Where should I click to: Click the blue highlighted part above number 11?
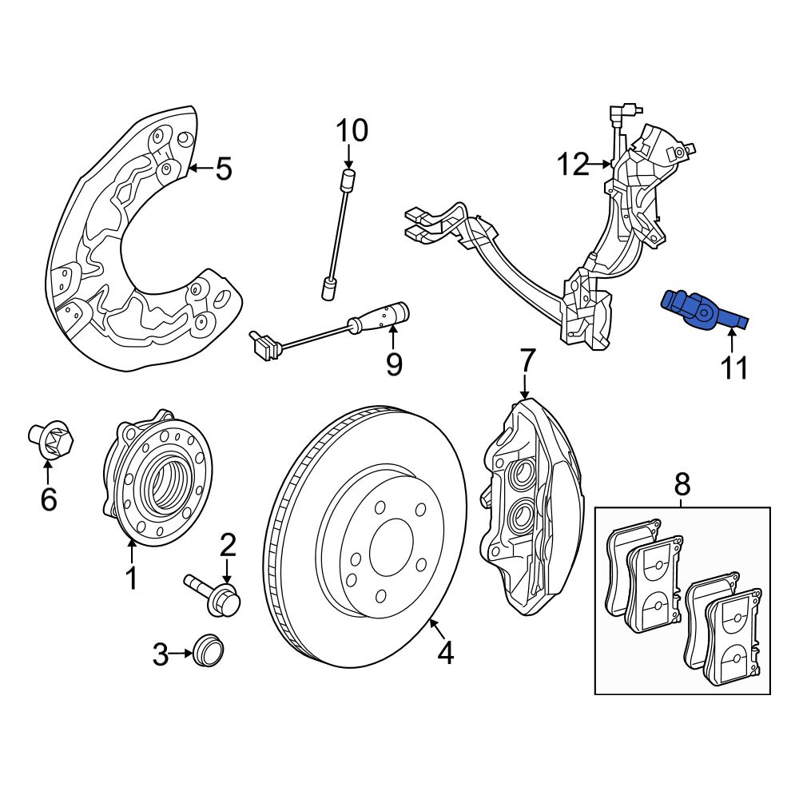point(702,310)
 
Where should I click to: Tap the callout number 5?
point(223,169)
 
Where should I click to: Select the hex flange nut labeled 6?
point(50,438)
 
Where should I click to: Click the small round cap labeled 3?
point(209,650)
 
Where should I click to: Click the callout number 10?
point(352,130)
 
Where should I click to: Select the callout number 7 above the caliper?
point(527,361)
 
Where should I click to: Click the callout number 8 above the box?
point(682,484)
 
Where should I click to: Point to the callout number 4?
point(445,653)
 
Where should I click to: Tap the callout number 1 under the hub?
point(132,578)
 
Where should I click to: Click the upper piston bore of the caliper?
point(523,473)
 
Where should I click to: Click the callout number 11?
point(734,367)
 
